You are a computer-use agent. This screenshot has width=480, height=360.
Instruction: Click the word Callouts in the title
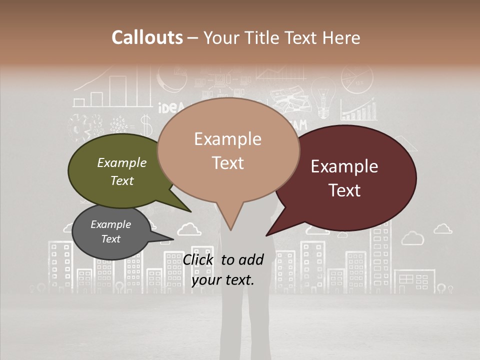[x=147, y=37]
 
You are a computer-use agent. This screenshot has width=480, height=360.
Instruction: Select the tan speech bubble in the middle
[x=228, y=150]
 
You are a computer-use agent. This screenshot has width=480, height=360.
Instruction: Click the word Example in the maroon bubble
[x=344, y=166]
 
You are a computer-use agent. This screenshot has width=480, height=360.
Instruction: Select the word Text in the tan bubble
[x=228, y=163]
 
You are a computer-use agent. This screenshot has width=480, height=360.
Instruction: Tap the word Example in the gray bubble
[x=110, y=224]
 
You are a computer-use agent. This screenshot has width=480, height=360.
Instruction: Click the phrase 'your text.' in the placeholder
[x=222, y=280]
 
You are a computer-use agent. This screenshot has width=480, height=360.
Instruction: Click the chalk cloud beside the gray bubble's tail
[x=189, y=229]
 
